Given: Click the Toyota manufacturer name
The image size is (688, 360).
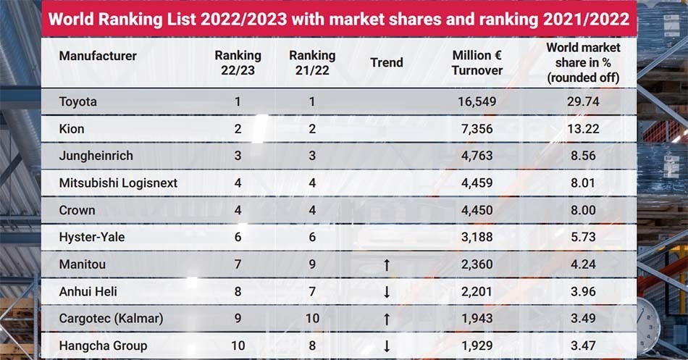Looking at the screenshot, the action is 77,102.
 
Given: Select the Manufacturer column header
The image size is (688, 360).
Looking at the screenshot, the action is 98,56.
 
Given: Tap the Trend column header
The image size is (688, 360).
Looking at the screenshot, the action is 387,62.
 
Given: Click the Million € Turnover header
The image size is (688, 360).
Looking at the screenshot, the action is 477,63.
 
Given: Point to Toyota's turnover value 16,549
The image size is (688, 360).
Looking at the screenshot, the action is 477,102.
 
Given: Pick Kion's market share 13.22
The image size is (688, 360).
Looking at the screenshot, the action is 583,129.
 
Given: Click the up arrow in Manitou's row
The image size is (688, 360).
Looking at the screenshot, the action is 387,264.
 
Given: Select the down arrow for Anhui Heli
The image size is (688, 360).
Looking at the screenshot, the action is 387,292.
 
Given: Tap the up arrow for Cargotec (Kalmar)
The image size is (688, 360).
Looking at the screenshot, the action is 387,319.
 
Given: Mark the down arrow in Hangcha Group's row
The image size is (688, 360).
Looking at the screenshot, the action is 387,346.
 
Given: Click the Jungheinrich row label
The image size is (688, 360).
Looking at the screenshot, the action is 96,156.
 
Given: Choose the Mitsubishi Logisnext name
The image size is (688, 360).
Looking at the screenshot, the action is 118,183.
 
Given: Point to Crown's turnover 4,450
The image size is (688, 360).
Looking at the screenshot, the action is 477,210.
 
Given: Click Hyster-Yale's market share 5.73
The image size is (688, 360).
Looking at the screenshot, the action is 583,237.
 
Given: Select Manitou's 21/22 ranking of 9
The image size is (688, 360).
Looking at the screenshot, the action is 312,264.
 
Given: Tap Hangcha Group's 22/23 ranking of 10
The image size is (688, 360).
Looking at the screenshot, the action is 238,346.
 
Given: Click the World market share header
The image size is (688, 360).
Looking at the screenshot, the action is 583,62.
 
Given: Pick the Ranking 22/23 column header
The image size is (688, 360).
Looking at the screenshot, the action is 238,63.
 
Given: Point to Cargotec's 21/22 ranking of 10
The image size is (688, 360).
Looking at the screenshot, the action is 312,318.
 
